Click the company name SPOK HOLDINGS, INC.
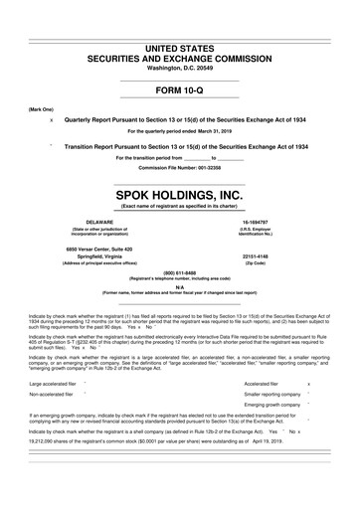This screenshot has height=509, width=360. coord(180,194)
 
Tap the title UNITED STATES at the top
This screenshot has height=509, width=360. coord(180,21)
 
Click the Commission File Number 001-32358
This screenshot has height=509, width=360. coord(180,167)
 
